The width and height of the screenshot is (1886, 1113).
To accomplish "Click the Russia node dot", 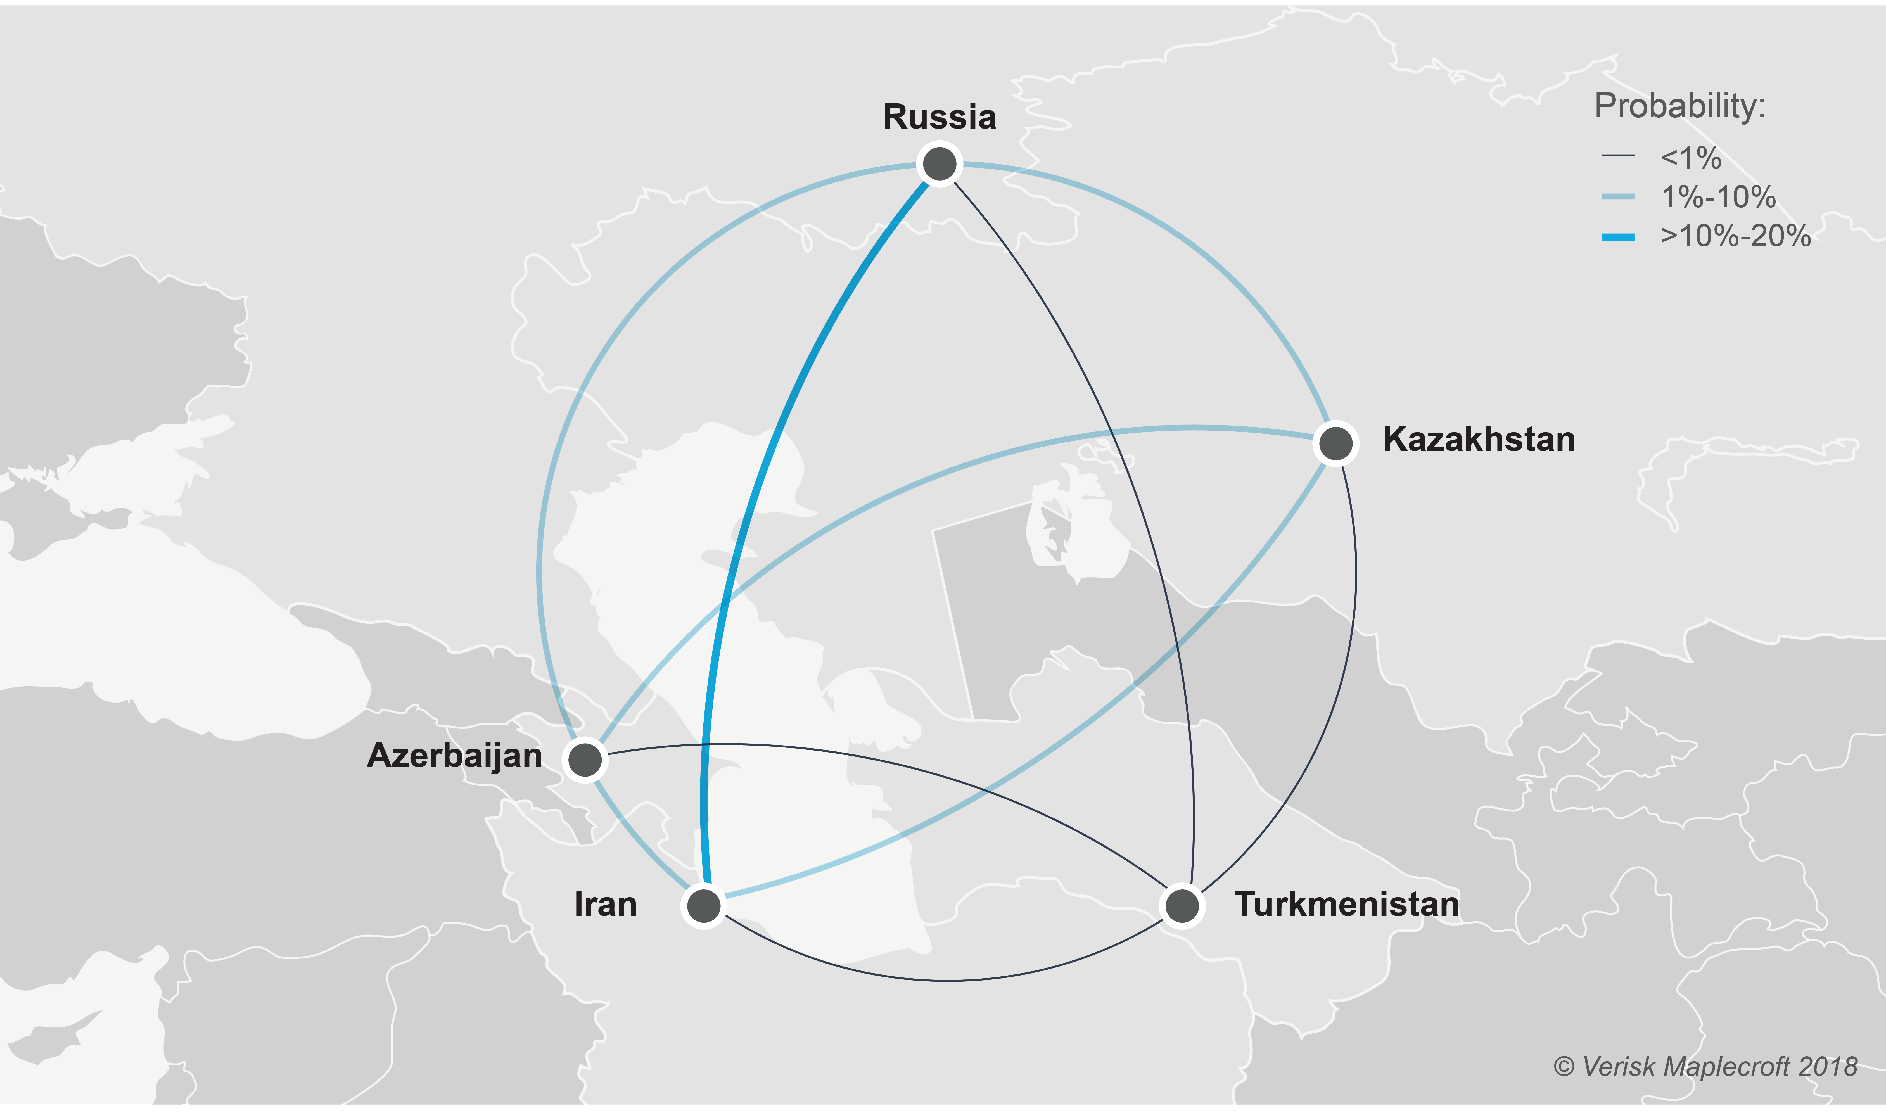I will [x=940, y=163].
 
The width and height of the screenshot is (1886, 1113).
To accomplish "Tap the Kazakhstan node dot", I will [x=1335, y=443].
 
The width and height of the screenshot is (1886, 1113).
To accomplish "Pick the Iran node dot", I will [x=703, y=906].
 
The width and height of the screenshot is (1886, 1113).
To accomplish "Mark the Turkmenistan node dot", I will [x=1182, y=906].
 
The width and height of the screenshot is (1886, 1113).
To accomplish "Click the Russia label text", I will [x=940, y=117].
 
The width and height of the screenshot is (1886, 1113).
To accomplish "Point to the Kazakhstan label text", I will [x=1479, y=440].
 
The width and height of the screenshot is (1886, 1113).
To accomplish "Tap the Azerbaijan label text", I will [x=454, y=755].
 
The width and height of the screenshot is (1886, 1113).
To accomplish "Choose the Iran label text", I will [x=605, y=905].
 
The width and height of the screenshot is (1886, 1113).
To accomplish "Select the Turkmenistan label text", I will [x=1347, y=905].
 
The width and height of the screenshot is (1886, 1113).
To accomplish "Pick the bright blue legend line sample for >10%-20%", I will [x=1617, y=238].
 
